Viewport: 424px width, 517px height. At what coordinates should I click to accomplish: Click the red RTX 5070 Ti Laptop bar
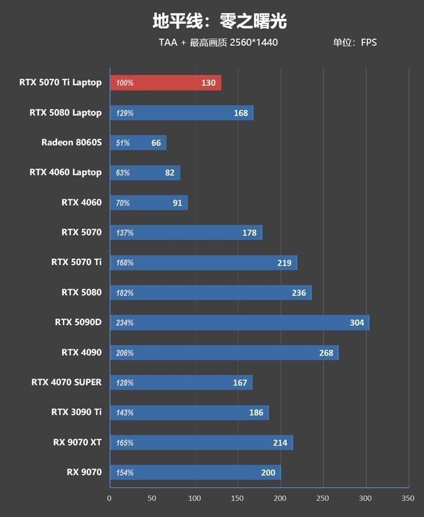(x=166, y=83)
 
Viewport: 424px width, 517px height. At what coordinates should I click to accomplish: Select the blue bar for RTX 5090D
(x=240, y=322)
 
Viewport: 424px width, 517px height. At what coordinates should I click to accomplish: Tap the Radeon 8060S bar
(x=138, y=143)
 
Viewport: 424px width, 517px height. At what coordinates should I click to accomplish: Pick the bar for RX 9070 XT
(x=201, y=442)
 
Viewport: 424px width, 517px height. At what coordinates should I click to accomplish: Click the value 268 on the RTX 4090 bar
(x=326, y=353)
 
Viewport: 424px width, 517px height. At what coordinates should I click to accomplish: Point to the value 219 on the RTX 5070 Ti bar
(x=284, y=263)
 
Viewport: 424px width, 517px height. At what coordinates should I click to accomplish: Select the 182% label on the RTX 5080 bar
(x=125, y=293)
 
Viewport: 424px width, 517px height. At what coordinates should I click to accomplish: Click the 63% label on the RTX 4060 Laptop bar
(x=123, y=173)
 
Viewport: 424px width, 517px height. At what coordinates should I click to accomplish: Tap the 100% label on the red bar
(x=125, y=83)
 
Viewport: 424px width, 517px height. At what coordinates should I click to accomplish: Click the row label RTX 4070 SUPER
(x=67, y=382)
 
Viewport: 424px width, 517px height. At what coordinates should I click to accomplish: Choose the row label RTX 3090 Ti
(x=76, y=412)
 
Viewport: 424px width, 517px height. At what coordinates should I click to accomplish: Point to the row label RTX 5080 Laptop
(x=66, y=113)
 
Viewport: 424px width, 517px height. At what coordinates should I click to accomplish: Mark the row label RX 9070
(x=84, y=472)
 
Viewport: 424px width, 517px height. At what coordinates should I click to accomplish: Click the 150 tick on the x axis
(x=237, y=498)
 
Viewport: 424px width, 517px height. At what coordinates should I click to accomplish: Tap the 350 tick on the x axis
(x=408, y=498)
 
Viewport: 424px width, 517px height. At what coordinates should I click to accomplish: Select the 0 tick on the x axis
(x=109, y=498)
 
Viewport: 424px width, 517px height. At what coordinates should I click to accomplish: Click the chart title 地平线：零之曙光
(x=220, y=21)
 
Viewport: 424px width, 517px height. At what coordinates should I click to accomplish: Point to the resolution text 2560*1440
(x=254, y=42)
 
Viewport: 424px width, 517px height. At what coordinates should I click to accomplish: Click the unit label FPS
(x=369, y=42)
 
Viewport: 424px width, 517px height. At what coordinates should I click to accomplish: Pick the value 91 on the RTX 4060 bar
(x=178, y=203)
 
